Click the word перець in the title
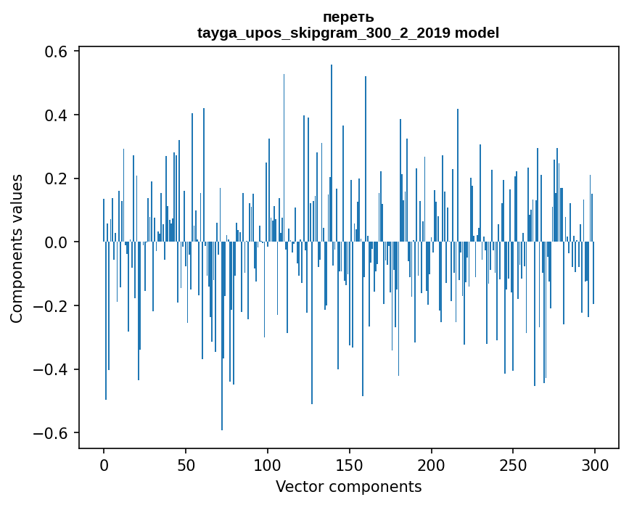[348, 17]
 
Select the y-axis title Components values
[17, 248]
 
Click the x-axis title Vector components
[348, 486]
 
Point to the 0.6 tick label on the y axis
[53, 52]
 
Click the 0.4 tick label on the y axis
[53, 115]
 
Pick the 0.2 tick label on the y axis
[53, 179]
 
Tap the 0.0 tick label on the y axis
[53, 242]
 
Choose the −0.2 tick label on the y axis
[48, 306]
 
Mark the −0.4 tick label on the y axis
[48, 369]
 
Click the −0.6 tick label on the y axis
[48, 433]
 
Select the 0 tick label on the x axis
[104, 464]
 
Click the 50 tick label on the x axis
[186, 464]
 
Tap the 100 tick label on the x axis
[268, 464]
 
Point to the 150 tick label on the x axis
[350, 464]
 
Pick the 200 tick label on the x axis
[432, 464]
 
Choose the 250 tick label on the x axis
[514, 464]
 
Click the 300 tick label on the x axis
[596, 464]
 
